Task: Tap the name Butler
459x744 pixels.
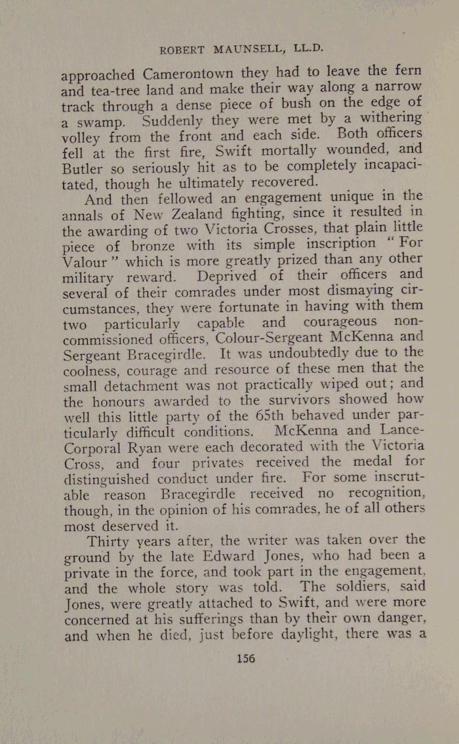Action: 83,168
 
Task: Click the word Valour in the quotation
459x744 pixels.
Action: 85,262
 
